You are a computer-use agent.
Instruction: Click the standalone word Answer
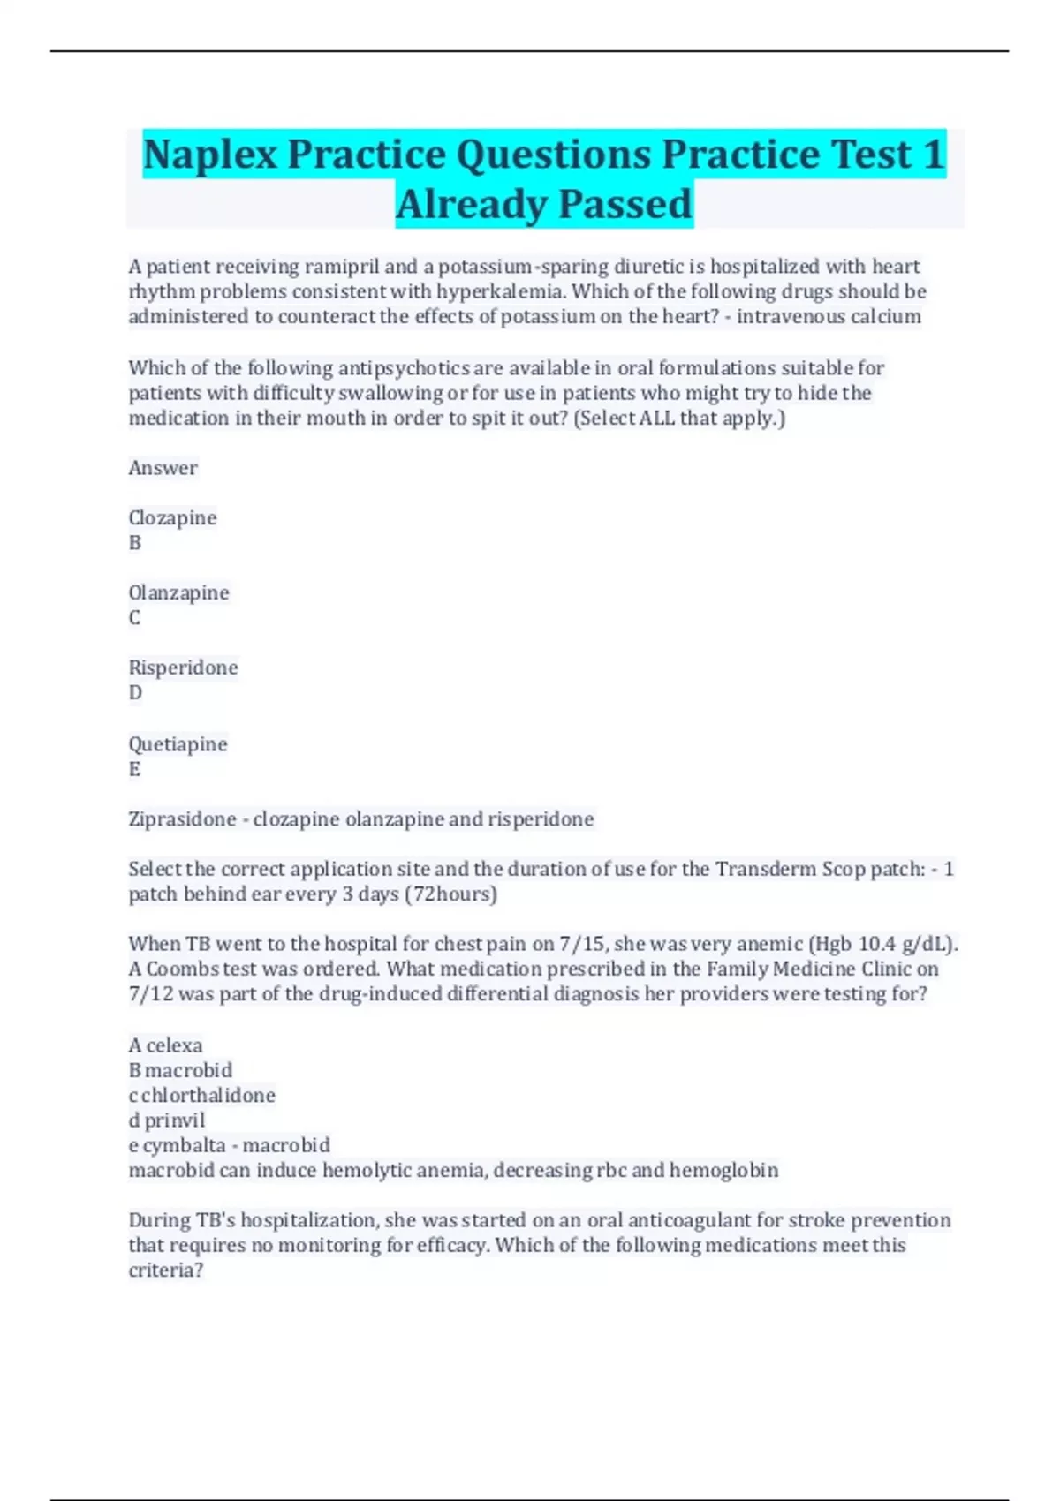163,468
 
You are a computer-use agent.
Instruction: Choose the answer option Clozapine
172,517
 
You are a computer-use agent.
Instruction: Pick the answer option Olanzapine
178,592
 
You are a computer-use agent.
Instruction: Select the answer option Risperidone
183,668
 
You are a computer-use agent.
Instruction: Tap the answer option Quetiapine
178,744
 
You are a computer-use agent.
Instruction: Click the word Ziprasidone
182,819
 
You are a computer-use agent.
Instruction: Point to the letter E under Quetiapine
134,769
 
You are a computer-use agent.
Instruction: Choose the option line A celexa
165,1045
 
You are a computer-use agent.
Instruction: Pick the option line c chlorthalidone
201,1096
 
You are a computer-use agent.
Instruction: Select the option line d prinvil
166,1120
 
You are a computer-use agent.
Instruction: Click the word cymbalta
184,1145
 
